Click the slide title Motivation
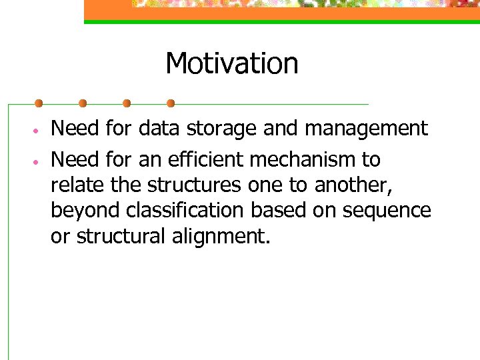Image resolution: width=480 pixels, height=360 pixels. point(231,64)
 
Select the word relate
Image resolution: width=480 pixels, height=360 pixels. point(74,185)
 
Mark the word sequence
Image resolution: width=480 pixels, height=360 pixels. point(387,211)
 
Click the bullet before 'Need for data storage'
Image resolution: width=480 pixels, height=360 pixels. point(38,129)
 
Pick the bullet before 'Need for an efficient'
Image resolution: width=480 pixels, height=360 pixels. point(38,161)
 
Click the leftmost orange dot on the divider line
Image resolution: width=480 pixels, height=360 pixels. point(39,103)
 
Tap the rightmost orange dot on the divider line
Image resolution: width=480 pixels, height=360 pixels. point(171,103)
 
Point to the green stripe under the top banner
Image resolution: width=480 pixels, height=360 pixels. point(280,22)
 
